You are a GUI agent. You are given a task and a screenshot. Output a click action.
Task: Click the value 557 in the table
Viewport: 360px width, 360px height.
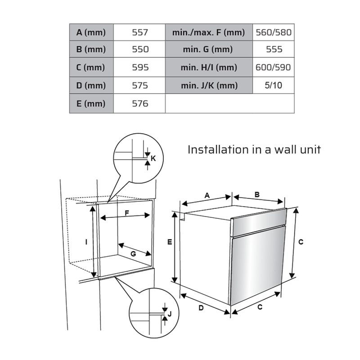(140, 32)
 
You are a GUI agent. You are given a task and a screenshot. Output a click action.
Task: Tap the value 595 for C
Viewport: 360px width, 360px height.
(140, 67)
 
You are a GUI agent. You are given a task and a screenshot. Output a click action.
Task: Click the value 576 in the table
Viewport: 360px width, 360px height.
(140, 103)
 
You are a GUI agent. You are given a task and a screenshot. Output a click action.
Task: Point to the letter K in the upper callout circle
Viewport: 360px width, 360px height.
(153, 158)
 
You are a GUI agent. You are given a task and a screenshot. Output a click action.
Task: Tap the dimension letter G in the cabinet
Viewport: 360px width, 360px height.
(133, 254)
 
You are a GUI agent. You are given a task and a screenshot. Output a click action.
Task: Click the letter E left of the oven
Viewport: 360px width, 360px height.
(169, 242)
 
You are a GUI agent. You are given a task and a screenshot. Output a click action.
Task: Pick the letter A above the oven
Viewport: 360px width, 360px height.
(207, 195)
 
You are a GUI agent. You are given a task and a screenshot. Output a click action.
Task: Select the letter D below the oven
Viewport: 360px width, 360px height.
(201, 308)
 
